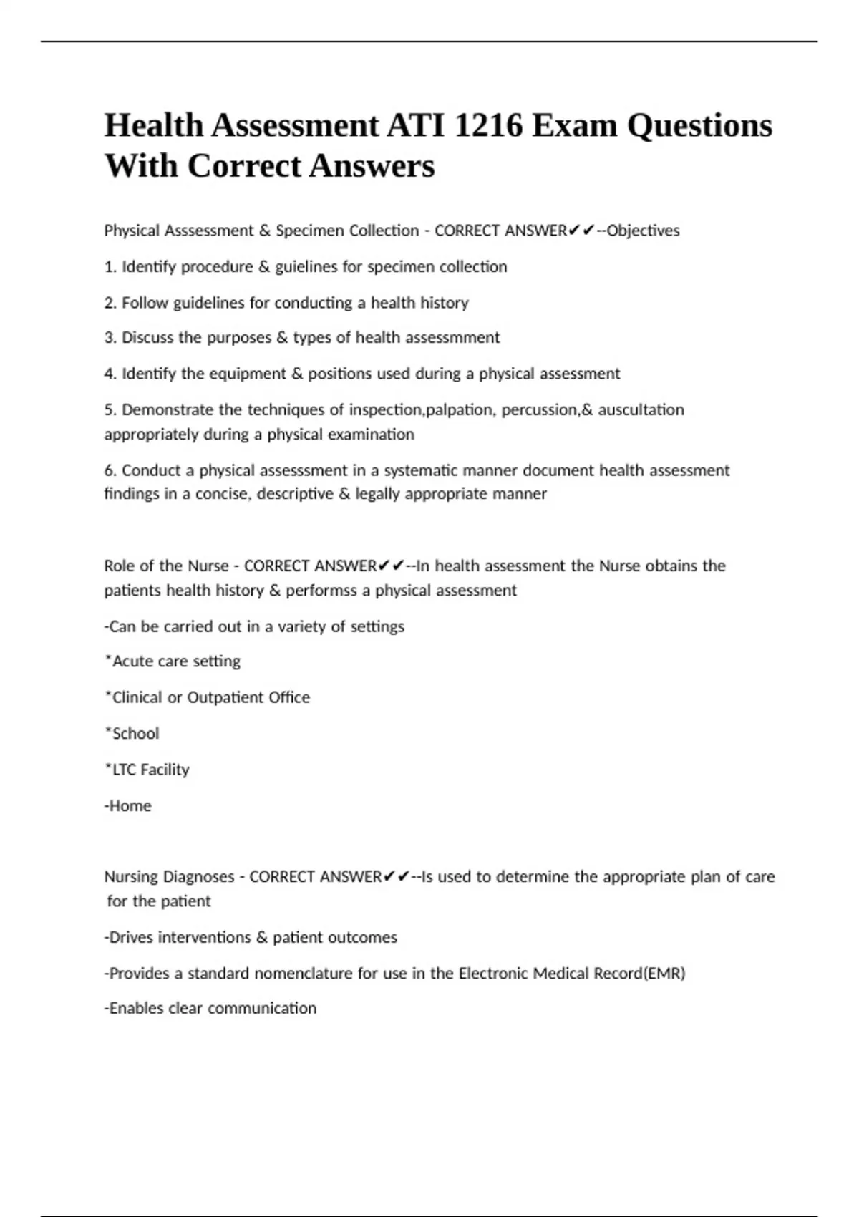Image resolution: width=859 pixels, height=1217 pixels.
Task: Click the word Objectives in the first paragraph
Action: [643, 231]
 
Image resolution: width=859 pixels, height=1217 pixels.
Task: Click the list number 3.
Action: [110, 338]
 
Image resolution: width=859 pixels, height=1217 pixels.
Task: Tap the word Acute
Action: [132, 661]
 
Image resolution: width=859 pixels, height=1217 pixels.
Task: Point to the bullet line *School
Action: [132, 734]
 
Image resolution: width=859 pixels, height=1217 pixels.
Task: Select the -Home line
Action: [128, 806]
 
